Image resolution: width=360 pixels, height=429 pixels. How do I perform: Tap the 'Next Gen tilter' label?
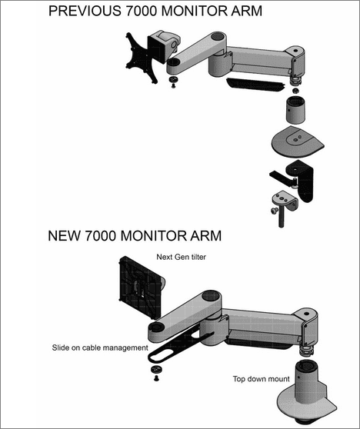coord(182,258)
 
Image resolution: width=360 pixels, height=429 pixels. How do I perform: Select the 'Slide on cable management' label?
coord(100,348)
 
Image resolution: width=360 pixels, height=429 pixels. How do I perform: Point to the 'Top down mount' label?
coord(261,378)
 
